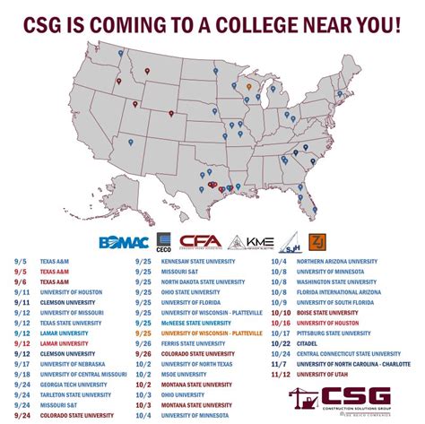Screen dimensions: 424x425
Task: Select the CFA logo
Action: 198,242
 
